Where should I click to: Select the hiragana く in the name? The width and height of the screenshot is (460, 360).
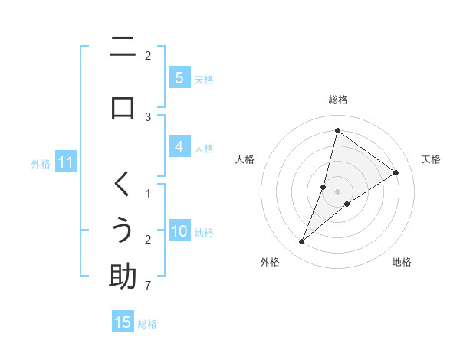[123, 184]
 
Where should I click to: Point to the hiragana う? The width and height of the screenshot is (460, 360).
[123, 230]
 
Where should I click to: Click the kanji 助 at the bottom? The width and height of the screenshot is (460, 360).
[123, 276]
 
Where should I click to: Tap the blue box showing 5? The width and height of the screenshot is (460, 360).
[179, 78]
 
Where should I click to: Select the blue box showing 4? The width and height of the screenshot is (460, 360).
[179, 148]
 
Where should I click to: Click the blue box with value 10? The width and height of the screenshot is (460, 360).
[179, 232]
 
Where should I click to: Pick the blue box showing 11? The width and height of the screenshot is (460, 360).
[65, 162]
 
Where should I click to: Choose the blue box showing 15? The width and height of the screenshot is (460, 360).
[123, 322]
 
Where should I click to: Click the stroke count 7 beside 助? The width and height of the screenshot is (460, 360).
[148, 286]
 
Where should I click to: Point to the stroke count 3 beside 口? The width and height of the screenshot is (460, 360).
[148, 116]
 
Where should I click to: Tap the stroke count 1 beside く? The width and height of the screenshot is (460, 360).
[148, 193]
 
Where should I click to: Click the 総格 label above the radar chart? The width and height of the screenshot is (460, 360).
[337, 100]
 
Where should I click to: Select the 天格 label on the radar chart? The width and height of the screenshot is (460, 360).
[431, 159]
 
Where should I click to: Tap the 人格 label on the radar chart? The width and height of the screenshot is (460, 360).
[245, 159]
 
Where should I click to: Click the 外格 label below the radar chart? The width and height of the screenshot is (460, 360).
[270, 262]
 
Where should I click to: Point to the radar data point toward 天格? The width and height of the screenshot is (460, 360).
[396, 172]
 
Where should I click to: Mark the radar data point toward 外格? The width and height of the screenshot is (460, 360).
[301, 242]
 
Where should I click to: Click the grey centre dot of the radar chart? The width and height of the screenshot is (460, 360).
[337, 191]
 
